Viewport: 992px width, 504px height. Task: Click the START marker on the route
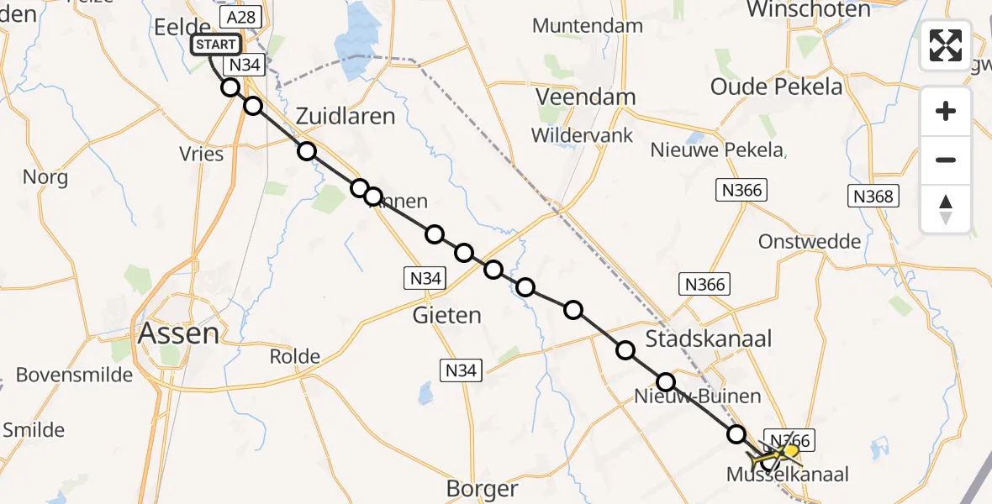(x=216, y=45)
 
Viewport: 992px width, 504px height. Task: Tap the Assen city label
(x=178, y=333)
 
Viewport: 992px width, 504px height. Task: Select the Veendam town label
(x=586, y=97)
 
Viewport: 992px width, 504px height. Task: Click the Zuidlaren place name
(x=346, y=116)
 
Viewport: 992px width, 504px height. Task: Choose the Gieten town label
(x=446, y=315)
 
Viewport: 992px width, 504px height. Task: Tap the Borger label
(x=482, y=488)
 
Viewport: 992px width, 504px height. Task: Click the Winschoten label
(x=809, y=10)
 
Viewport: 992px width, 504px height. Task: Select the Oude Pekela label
(x=776, y=87)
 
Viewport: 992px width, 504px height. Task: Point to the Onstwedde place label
(x=810, y=242)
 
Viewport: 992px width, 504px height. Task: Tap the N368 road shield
(x=873, y=197)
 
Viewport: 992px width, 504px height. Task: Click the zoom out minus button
(x=946, y=160)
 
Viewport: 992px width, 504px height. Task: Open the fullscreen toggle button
(x=946, y=45)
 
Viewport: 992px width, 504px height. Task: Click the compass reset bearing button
(x=946, y=208)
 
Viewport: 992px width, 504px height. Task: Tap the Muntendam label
(x=588, y=25)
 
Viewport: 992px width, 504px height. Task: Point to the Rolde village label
(x=294, y=357)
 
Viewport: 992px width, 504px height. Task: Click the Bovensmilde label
(x=74, y=374)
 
